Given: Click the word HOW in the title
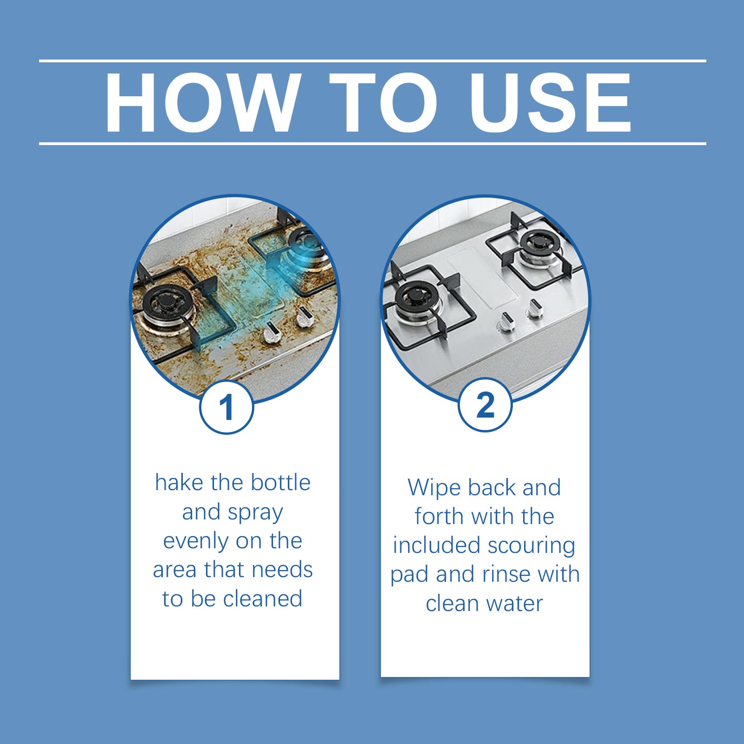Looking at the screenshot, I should [x=203, y=103].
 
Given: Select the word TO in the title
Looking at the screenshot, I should [x=383, y=103].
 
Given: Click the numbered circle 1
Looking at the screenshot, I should [x=227, y=407].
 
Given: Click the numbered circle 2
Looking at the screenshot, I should [x=485, y=405].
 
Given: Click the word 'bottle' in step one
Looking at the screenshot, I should [x=281, y=483].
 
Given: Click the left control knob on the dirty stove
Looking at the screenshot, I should [x=271, y=335].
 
